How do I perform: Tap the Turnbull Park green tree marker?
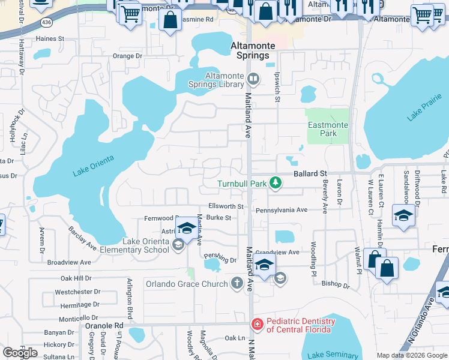tap(276, 182)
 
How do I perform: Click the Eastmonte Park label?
tap(327, 130)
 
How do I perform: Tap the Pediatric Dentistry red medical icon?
tap(257, 324)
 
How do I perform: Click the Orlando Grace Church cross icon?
tap(237, 283)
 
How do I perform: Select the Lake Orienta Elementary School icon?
tap(178, 245)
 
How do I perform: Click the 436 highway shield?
tap(46, 22)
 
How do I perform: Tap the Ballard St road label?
tap(309, 173)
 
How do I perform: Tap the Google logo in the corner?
tap(20, 353)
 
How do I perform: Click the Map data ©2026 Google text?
tap(412, 355)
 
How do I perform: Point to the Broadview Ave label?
tap(69, 262)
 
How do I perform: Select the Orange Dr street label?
tap(127, 56)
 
